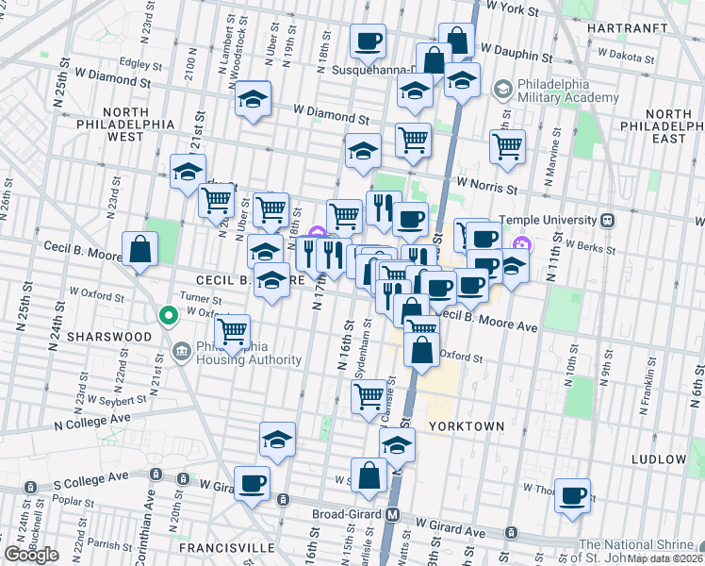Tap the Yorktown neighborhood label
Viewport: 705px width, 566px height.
(466, 426)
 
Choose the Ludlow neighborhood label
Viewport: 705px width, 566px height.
(661, 458)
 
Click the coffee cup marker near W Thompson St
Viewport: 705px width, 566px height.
(572, 493)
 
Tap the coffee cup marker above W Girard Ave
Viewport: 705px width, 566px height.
(252, 483)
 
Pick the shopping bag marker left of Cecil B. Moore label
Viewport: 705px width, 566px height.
(139, 250)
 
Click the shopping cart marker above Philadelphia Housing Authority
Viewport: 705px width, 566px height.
(232, 331)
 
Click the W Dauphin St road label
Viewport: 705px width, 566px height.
(516, 47)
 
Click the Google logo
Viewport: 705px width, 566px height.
(31, 555)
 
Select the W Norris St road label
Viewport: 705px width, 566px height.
(489, 186)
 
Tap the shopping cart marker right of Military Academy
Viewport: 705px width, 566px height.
(507, 146)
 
